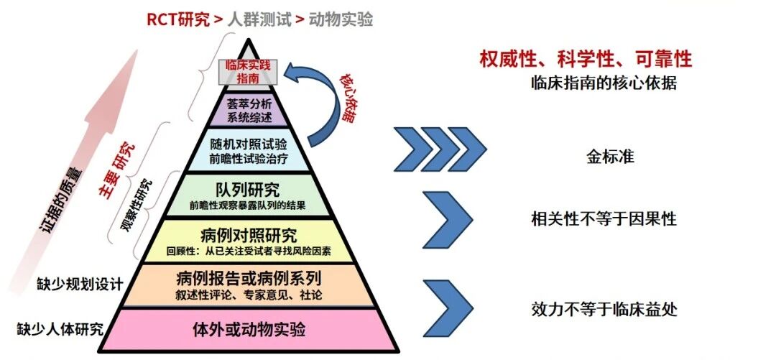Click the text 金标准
point(610,156)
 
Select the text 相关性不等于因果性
point(604,218)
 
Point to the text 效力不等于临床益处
point(604,309)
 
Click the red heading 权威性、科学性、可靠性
point(586,58)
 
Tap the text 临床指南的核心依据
point(604,83)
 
